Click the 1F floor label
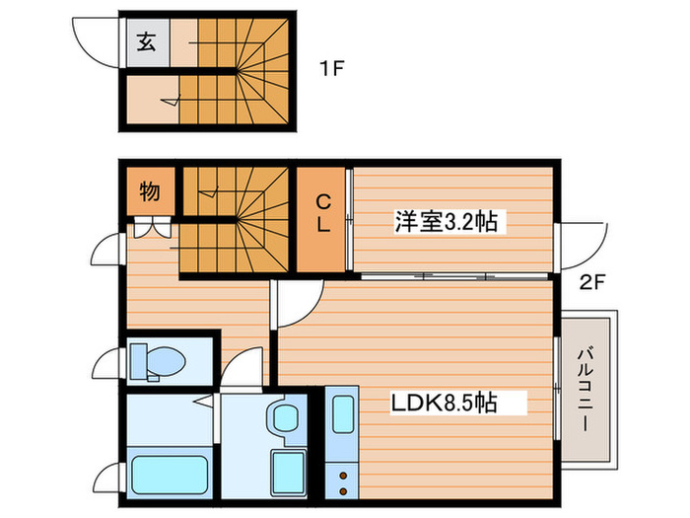pos(330,69)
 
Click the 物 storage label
pos(149,191)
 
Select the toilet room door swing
pos(105,365)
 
